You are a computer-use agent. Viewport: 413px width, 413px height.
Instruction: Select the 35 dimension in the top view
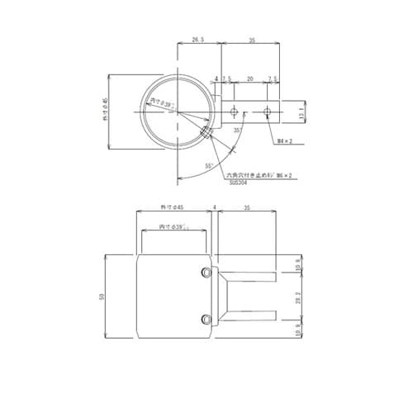click(x=251, y=39)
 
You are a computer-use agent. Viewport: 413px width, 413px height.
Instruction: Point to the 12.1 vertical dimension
click(x=301, y=109)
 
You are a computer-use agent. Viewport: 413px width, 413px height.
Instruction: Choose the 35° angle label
click(x=237, y=131)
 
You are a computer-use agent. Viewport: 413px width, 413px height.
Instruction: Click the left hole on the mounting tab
click(x=235, y=110)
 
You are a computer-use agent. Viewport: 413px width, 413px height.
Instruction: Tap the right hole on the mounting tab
click(x=266, y=110)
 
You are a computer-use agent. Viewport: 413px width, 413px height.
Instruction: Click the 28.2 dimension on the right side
click(x=299, y=296)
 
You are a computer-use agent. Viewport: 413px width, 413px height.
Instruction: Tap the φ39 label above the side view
click(x=172, y=226)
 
